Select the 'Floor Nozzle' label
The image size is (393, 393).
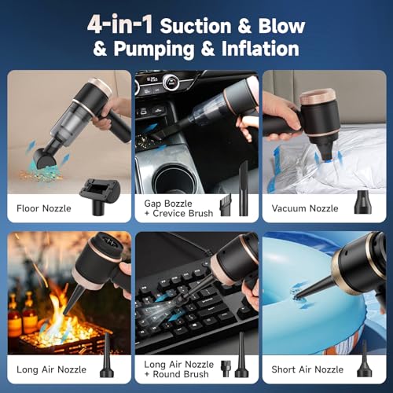[x=44, y=208]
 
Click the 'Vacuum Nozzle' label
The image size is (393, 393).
[x=305, y=208]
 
